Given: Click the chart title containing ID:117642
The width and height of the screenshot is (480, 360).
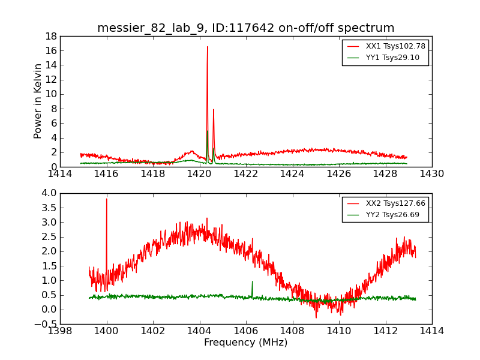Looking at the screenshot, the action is click(245, 28).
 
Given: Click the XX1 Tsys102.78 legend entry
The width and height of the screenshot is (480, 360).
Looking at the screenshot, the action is click(386, 46).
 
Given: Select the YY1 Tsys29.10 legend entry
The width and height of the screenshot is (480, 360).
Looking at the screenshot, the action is click(383, 58).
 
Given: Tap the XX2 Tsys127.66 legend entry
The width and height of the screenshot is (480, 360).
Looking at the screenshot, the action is click(386, 203).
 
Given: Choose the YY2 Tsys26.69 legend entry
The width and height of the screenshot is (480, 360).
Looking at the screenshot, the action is click(383, 215).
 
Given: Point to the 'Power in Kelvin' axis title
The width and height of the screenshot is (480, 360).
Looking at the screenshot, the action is click(37, 101).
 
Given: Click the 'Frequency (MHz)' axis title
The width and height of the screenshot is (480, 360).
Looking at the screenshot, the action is click(246, 342).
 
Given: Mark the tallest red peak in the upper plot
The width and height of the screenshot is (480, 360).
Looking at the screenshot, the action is click(207, 47).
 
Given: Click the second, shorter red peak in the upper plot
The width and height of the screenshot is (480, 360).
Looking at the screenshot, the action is click(214, 110).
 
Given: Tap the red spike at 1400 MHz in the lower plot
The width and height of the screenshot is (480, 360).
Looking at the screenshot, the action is click(107, 199).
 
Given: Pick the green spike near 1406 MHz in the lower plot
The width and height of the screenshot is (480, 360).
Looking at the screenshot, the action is click(252, 281).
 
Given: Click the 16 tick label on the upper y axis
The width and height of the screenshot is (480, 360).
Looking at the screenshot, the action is click(51, 50).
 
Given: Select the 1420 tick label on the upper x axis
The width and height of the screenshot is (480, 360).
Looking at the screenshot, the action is click(199, 174).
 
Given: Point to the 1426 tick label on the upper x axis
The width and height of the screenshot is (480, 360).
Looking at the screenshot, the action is click(339, 174).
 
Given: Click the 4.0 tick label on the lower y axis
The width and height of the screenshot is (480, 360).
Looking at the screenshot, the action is click(49, 193).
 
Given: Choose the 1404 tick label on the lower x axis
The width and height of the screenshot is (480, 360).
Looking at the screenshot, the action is click(200, 331).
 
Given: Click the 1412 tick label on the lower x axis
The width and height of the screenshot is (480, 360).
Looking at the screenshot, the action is click(386, 331).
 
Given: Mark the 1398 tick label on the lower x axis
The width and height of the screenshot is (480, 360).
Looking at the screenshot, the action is click(60, 331).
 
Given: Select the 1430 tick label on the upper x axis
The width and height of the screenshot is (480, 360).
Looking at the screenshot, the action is click(432, 174).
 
